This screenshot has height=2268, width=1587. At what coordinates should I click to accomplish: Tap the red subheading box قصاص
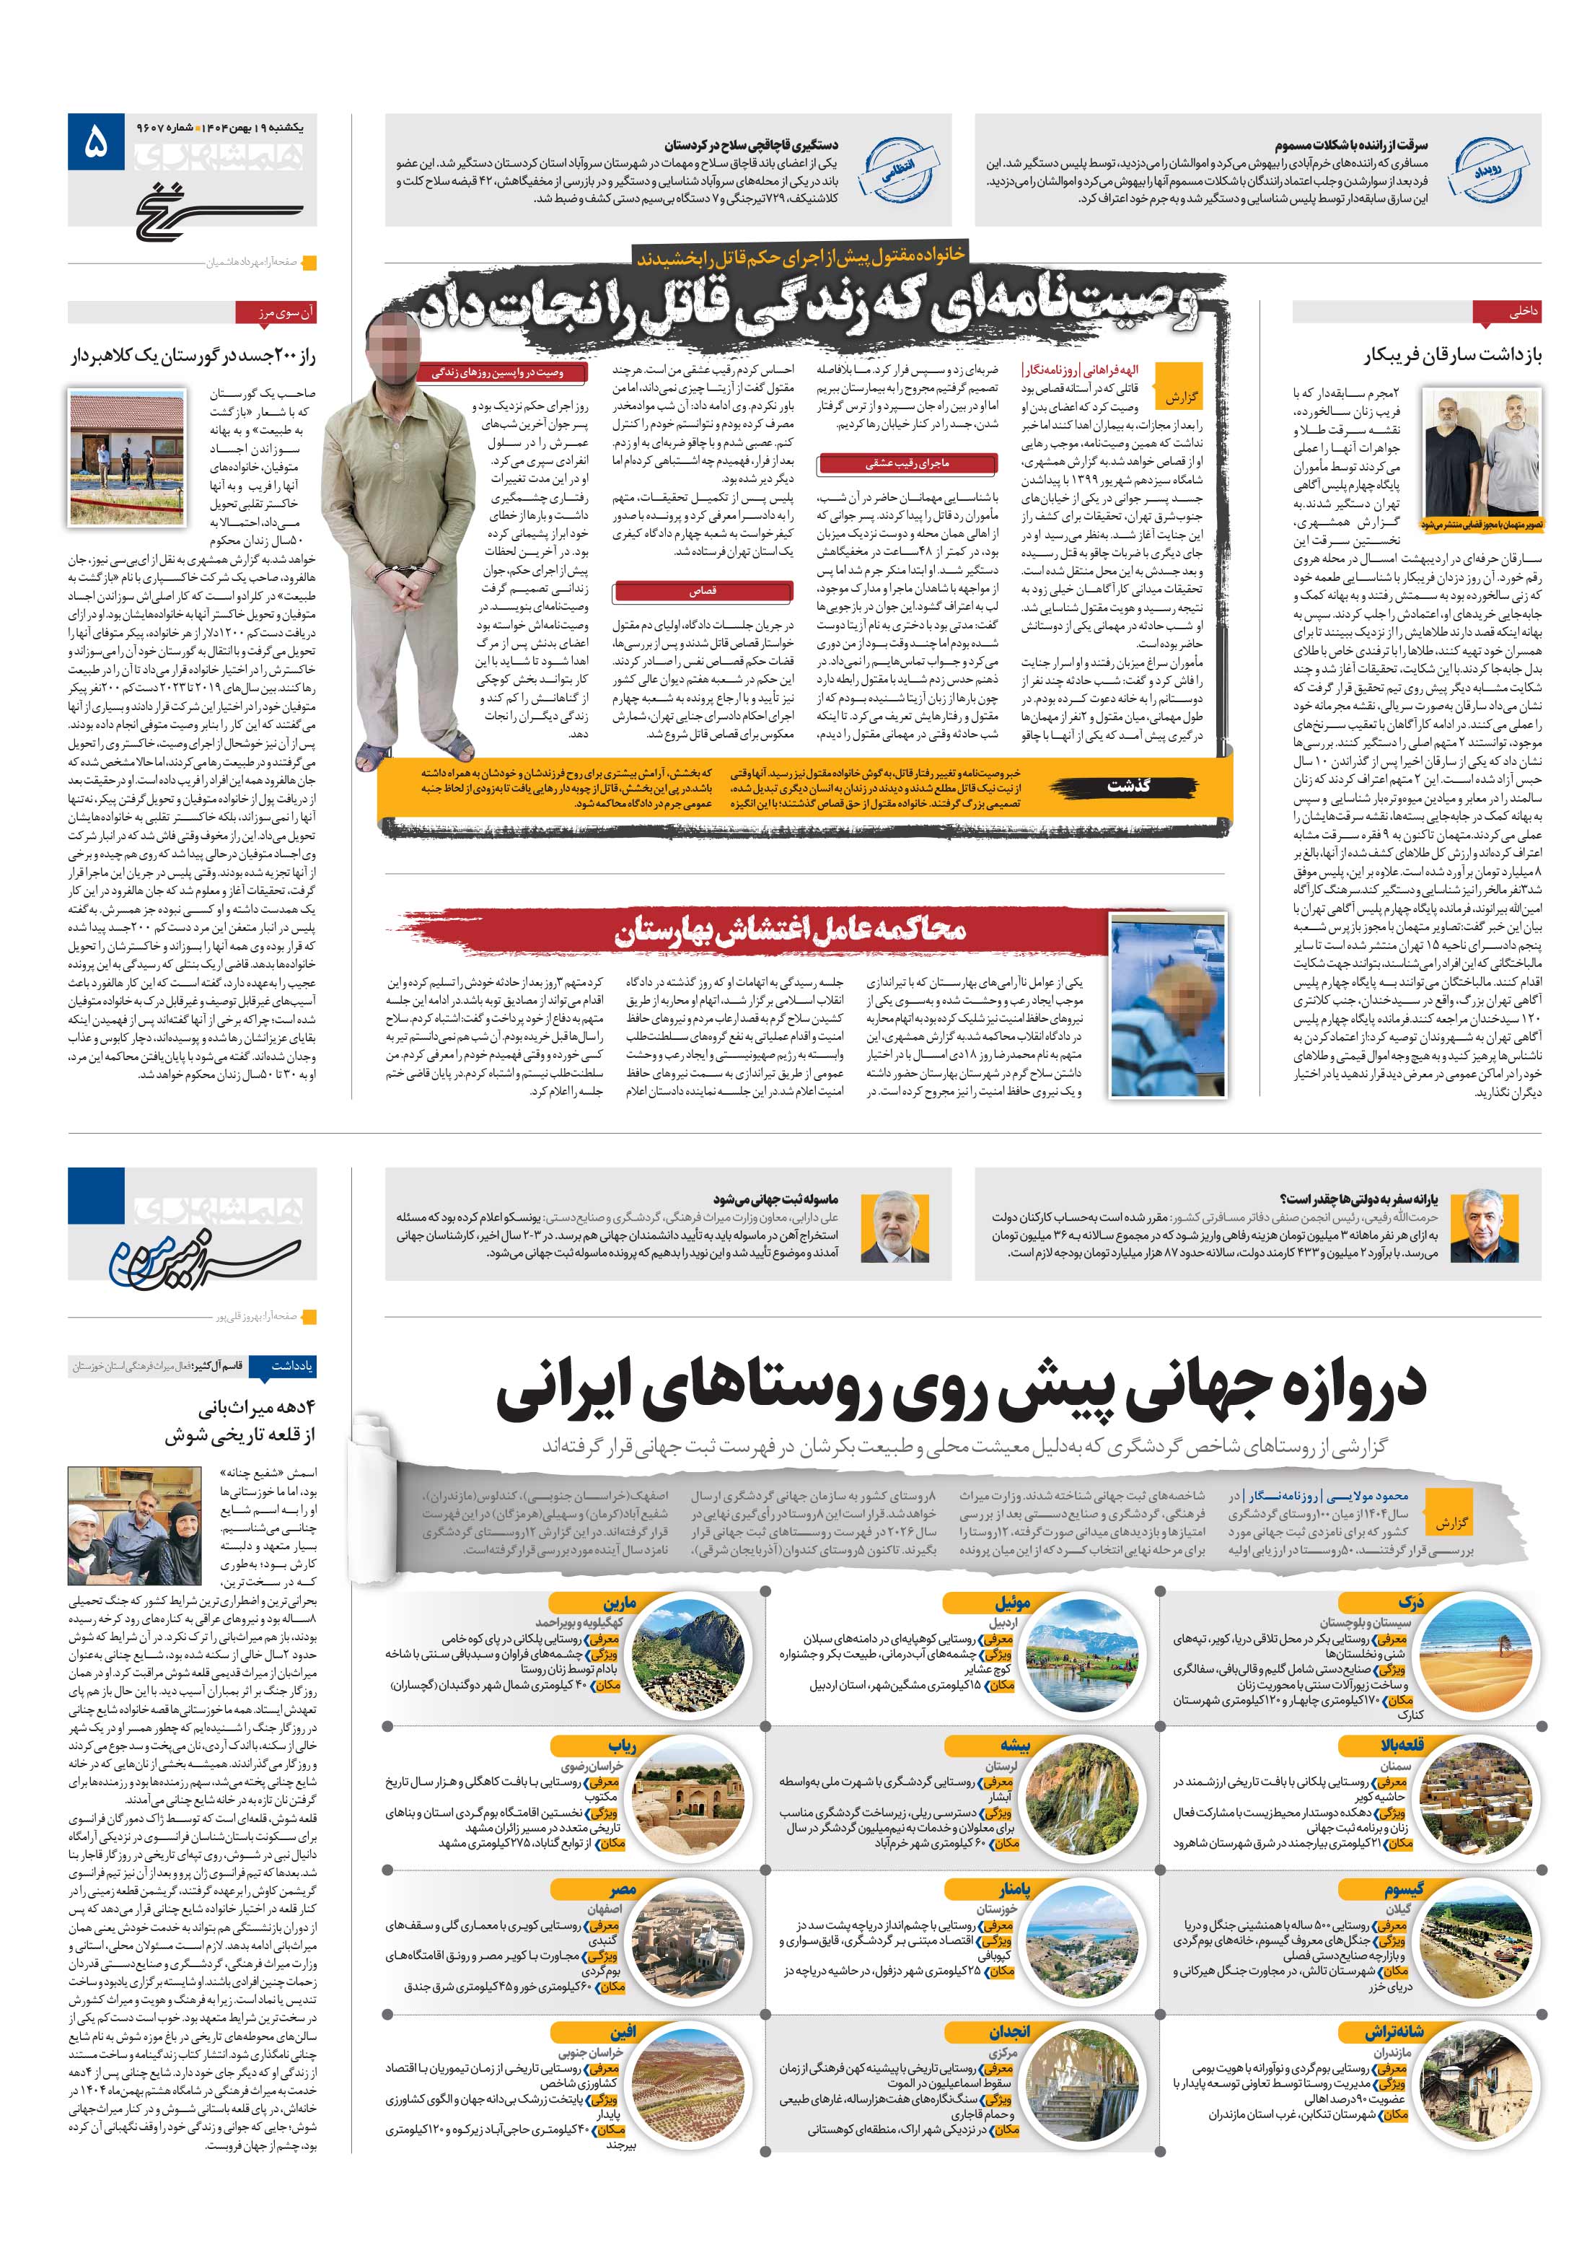pos(702,591)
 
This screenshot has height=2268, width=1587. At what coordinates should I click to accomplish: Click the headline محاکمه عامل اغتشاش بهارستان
pos(790,929)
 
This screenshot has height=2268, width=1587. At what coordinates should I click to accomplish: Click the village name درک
pos(1410,1602)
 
